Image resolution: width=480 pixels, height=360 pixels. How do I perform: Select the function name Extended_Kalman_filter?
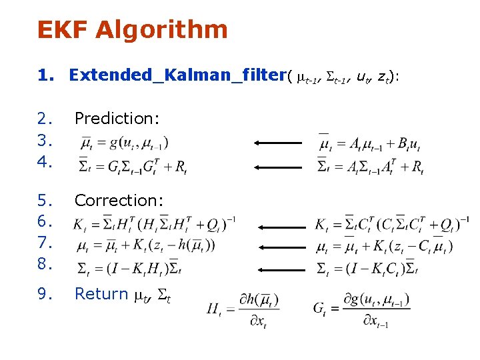(x=177, y=75)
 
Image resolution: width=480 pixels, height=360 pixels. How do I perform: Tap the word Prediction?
(x=117, y=119)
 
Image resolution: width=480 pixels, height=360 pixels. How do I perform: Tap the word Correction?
(x=119, y=200)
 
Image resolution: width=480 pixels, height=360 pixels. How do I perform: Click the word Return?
(x=101, y=294)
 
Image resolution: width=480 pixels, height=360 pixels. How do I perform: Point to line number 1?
(x=45, y=75)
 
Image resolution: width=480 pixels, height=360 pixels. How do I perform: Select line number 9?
(x=45, y=294)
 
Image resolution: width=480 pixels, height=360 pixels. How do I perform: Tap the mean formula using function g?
(x=124, y=142)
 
